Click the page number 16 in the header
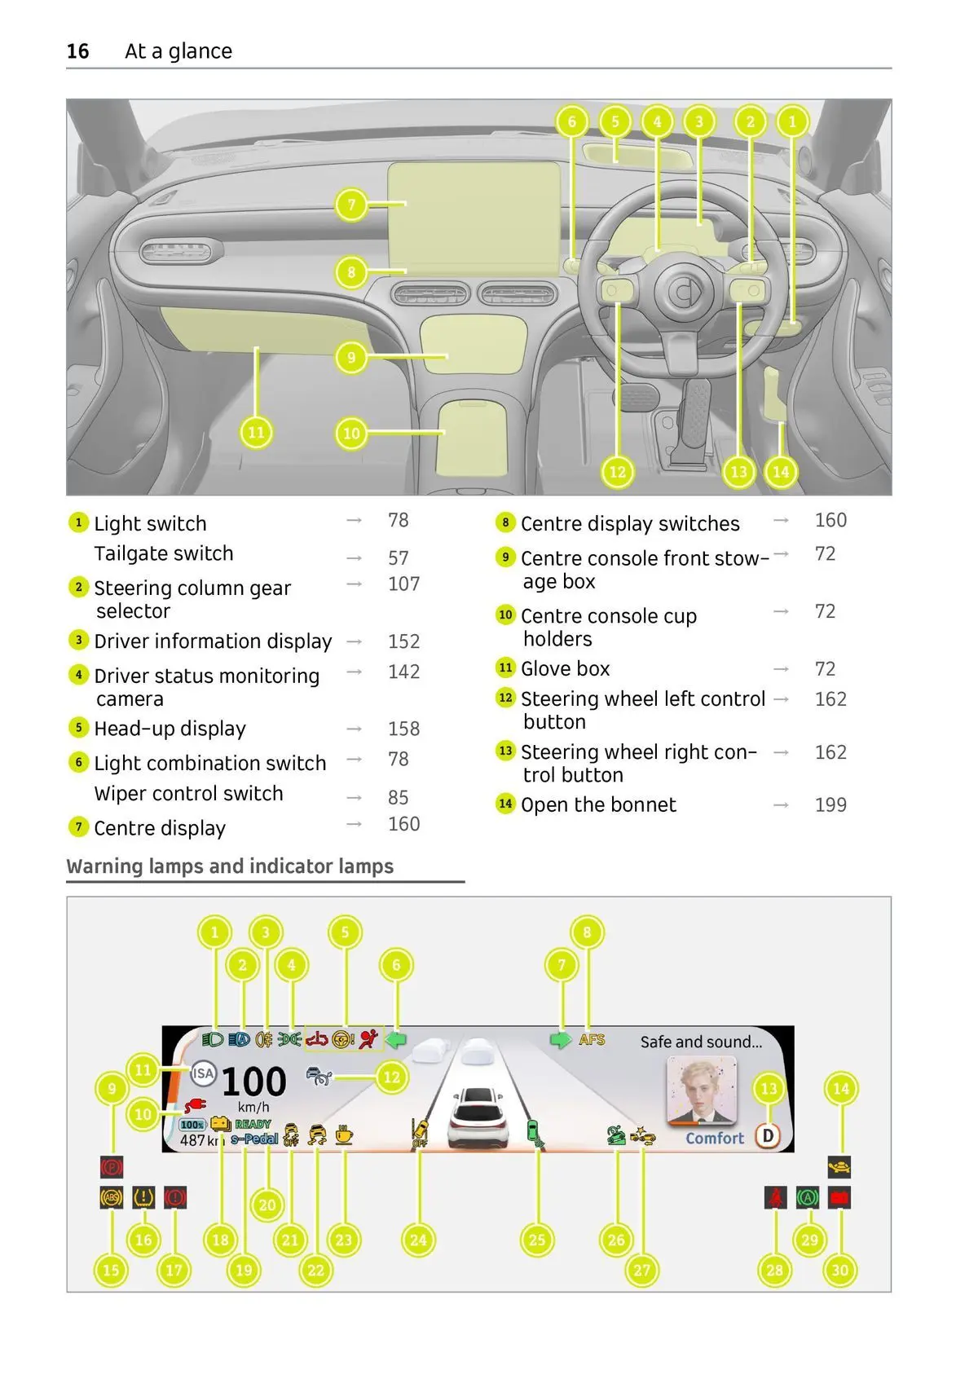(x=77, y=51)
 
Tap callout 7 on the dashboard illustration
(x=351, y=204)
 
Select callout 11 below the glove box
(x=256, y=432)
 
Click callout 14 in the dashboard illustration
(x=781, y=471)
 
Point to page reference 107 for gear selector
(x=403, y=584)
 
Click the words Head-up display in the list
(x=170, y=729)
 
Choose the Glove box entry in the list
(x=565, y=669)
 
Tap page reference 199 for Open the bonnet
(x=830, y=805)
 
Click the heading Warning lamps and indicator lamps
(x=230, y=866)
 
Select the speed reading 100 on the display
(x=253, y=1082)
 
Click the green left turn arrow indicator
(x=395, y=1040)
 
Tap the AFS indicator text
(x=593, y=1040)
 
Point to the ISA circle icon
(x=203, y=1073)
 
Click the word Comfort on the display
(x=715, y=1138)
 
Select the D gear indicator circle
(x=767, y=1135)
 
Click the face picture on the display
(x=702, y=1090)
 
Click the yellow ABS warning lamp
(x=111, y=1197)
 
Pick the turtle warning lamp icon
(x=839, y=1167)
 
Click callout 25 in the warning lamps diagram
(x=536, y=1240)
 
